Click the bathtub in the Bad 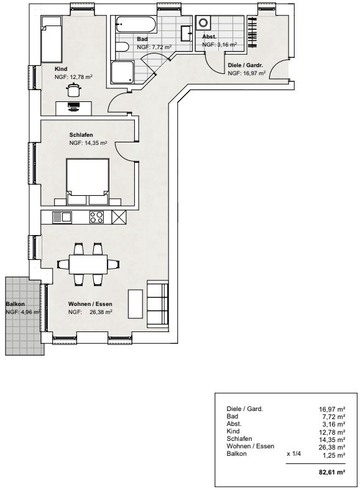click(x=136, y=25)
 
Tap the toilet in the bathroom click(x=122, y=47)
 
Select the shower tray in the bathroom click(x=122, y=73)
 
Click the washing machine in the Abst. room click(x=203, y=23)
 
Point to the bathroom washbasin click(x=187, y=32)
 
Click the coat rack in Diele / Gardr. click(x=252, y=32)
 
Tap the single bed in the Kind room click(x=51, y=39)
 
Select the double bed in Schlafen click(x=88, y=182)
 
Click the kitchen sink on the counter click(x=62, y=217)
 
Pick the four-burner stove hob click(x=96, y=217)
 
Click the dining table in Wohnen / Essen click(x=88, y=264)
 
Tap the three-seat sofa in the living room click(x=158, y=303)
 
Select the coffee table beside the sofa click(x=136, y=303)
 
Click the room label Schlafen click(x=81, y=135)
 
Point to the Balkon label click(x=16, y=303)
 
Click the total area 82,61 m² click(x=332, y=472)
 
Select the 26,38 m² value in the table click(x=332, y=447)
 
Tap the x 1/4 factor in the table click(x=293, y=454)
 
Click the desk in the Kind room click(x=74, y=108)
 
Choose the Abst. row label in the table click(x=234, y=423)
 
